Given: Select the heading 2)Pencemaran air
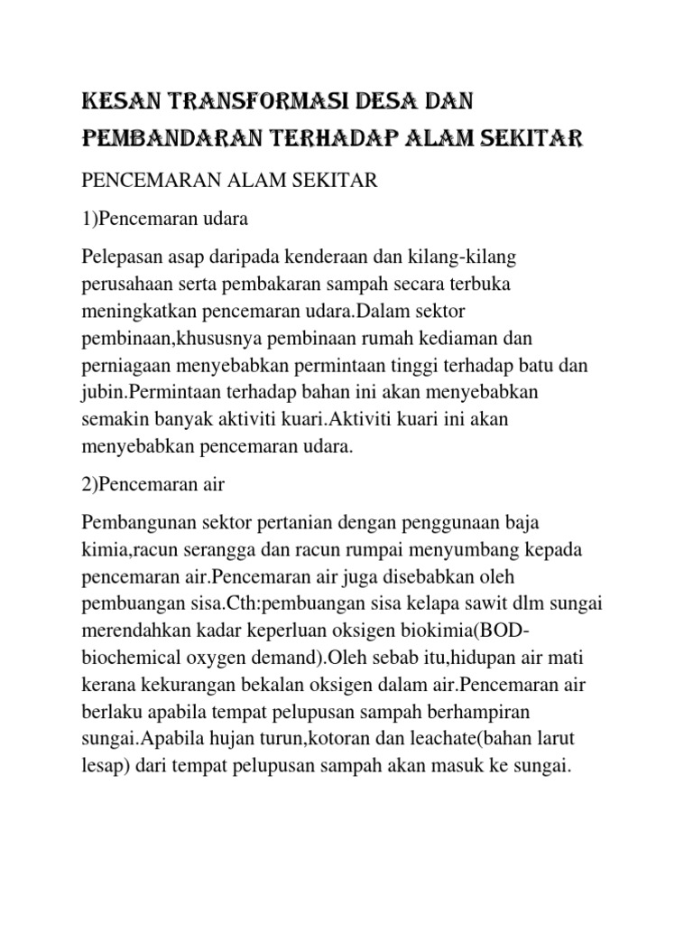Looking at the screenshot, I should click(x=153, y=485).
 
